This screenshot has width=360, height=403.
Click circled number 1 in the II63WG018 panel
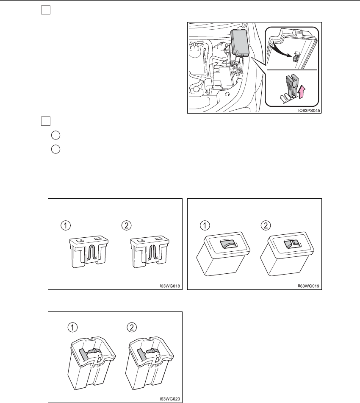pos(65,226)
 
